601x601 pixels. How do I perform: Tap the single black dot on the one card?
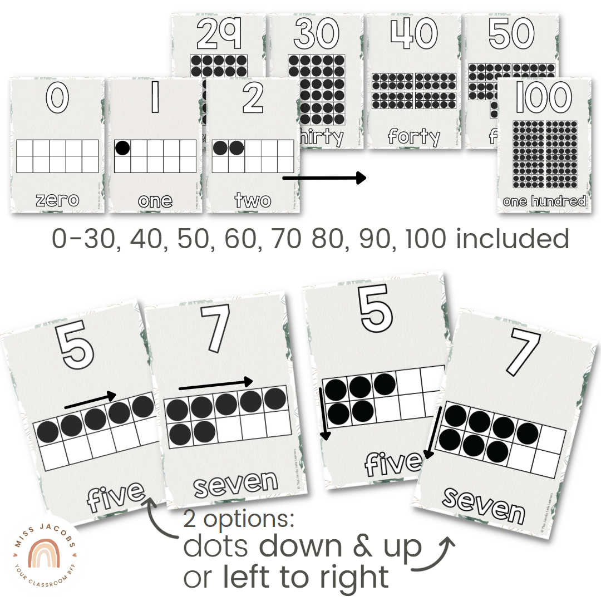(123, 148)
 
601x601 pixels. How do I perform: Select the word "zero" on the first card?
(57, 199)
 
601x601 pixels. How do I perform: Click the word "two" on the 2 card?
(253, 199)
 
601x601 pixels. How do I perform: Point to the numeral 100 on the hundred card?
(543, 98)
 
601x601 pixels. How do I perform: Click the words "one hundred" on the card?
(544, 200)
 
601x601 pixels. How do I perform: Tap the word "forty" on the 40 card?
(413, 136)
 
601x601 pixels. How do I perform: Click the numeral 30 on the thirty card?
(316, 33)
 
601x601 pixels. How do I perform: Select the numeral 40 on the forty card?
(413, 33)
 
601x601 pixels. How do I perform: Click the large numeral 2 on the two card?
(253, 99)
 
